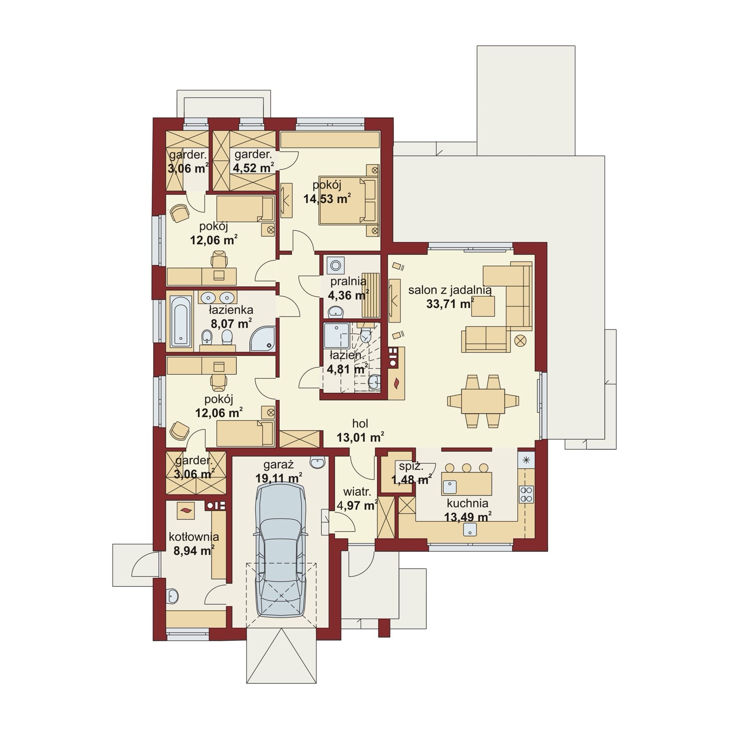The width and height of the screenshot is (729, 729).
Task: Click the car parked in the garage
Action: click(281, 550)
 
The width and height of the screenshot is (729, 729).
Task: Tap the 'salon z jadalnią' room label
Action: click(450, 290)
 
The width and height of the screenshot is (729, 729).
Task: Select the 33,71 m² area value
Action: click(450, 304)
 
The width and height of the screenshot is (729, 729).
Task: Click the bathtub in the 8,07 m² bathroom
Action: click(181, 322)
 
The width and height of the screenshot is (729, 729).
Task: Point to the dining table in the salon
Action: click(483, 401)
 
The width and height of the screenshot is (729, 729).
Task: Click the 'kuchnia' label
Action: click(467, 503)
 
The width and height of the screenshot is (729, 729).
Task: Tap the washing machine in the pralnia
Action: click(336, 265)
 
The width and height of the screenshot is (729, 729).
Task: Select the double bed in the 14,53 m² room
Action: click(349, 200)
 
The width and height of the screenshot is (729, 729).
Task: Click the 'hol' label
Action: click(360, 424)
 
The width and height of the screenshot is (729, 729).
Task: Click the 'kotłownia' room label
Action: click(194, 537)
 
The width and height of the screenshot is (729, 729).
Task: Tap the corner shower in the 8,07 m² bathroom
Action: click(263, 339)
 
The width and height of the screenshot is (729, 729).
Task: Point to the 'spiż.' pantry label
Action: click(411, 466)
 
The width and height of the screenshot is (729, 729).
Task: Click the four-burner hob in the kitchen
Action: click(527, 495)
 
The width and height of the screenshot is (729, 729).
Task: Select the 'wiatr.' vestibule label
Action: click(357, 492)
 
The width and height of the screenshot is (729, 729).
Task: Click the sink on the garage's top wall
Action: click(317, 462)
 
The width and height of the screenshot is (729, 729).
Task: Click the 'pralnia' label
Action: click(349, 282)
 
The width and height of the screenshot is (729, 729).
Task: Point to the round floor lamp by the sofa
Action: click(520, 340)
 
